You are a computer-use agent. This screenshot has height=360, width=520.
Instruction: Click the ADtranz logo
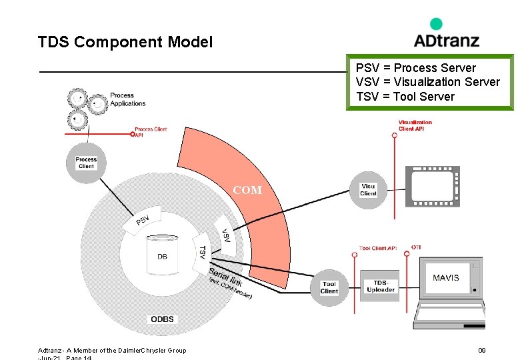coord(446,35)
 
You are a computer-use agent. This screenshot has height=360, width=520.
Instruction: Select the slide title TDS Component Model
coord(125,43)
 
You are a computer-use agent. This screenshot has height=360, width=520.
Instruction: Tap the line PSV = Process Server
coord(415,68)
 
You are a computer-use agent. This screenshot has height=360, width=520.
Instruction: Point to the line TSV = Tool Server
coord(405,97)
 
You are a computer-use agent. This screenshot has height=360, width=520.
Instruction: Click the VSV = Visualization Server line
coord(427,82)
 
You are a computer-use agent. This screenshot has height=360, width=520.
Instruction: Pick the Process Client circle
coord(86,163)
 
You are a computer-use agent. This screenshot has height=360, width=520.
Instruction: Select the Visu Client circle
coord(368,190)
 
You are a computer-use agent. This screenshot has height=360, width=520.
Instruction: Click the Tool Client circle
coord(329,287)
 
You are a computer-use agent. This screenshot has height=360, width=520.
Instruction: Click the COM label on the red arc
coord(247,190)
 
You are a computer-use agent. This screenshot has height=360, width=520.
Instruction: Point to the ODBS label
coord(162,319)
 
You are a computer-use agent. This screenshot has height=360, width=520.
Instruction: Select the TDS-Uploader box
coord(380,286)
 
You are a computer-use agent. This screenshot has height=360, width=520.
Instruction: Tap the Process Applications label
coord(127,99)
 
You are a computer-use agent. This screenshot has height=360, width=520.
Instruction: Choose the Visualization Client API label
coord(415,125)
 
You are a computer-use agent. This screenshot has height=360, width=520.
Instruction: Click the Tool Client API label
coord(377,248)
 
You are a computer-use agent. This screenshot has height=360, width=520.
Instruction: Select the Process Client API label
coord(151,132)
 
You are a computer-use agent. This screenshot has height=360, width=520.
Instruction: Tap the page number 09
coord(482,351)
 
